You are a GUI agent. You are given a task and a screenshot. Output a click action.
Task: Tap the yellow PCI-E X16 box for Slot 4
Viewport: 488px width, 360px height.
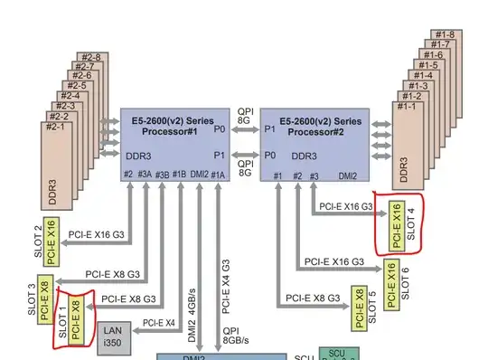396,226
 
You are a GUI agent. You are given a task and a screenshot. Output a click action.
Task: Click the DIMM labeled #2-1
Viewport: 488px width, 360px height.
57,126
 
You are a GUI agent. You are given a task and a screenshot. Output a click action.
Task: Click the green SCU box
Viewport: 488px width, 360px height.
337,355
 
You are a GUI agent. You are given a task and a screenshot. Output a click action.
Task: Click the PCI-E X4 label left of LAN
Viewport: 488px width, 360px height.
157,322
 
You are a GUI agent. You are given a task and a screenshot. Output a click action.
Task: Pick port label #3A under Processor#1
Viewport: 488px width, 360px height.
145,174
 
